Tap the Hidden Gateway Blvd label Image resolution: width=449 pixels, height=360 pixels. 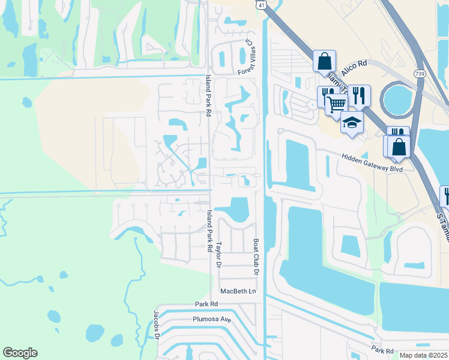pyautogui.click(x=372, y=161)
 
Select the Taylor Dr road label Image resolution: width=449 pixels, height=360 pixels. pyautogui.click(x=220, y=254)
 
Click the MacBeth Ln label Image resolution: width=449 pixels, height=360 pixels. pyautogui.click(x=238, y=291)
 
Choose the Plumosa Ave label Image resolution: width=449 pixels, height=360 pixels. pyautogui.click(x=212, y=319)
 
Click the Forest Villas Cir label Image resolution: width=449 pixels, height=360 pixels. pyautogui.click(x=247, y=58)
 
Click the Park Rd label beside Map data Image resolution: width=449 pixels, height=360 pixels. pyautogui.click(x=381, y=350)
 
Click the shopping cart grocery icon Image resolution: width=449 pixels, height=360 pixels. pyautogui.click(x=337, y=104)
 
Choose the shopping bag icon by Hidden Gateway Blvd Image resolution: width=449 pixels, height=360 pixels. pyautogui.click(x=399, y=147)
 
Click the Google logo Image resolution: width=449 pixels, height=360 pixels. pyautogui.click(x=20, y=353)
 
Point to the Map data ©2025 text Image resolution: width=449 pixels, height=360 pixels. pyautogui.click(x=423, y=355)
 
